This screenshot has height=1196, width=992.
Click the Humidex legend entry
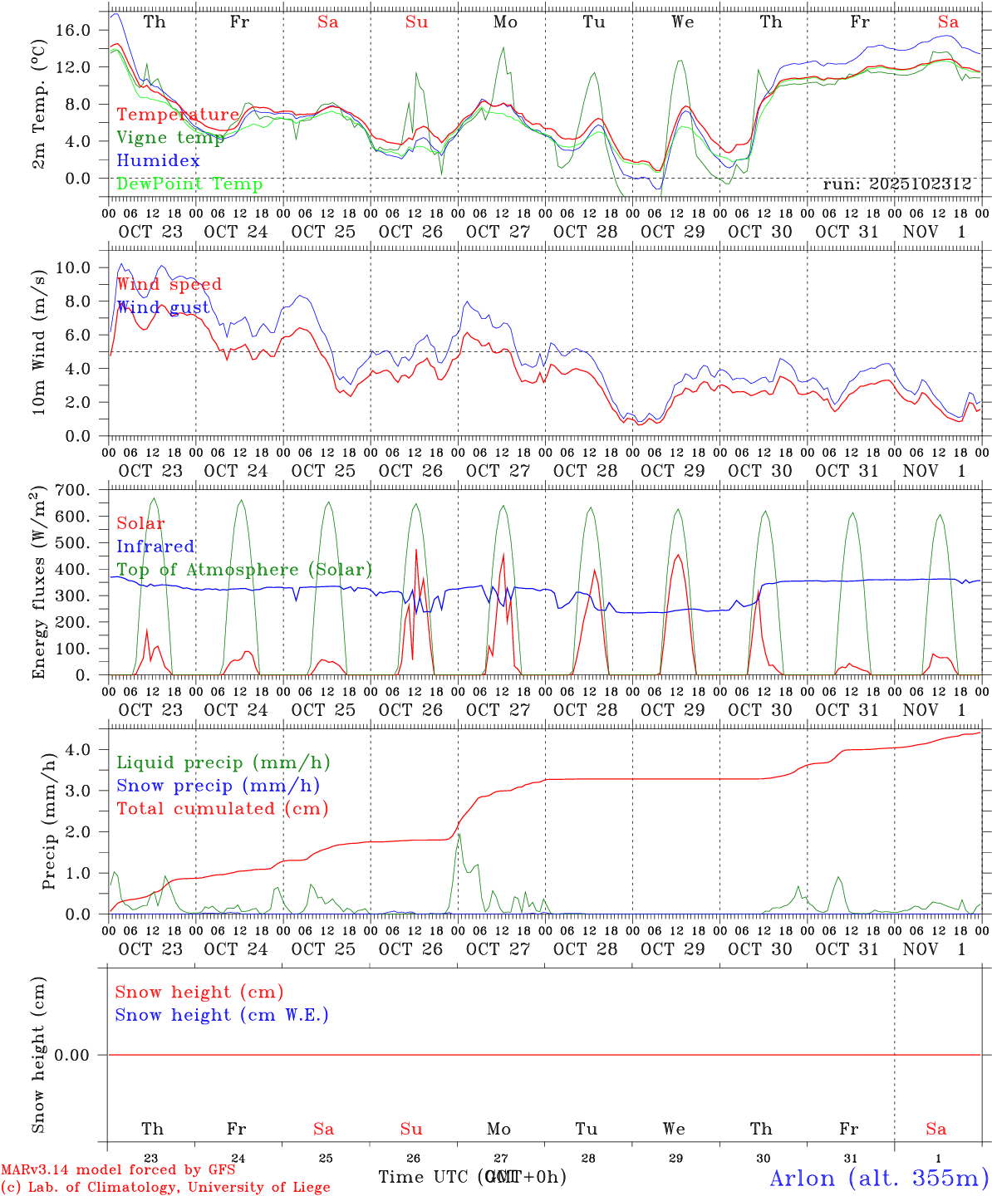tap(158, 161)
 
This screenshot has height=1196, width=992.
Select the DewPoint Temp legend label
tap(189, 184)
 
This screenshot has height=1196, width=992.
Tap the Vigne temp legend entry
tap(170, 138)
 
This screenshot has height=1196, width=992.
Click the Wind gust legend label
tap(163, 307)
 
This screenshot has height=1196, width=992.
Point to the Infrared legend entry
tap(155, 547)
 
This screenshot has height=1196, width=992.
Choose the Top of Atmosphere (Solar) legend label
tap(243, 570)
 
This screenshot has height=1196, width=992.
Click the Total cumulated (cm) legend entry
tap(222, 809)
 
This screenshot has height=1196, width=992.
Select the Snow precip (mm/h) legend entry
tap(218, 786)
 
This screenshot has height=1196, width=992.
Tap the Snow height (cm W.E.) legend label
tap(222, 1015)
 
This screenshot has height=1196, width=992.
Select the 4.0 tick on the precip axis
tap(76, 750)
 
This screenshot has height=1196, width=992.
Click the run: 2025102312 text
tap(896, 184)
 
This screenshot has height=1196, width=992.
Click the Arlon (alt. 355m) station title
tap(879, 1178)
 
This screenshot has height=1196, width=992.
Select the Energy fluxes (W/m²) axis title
tap(38, 585)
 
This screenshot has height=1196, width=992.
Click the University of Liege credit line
tap(166, 1188)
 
